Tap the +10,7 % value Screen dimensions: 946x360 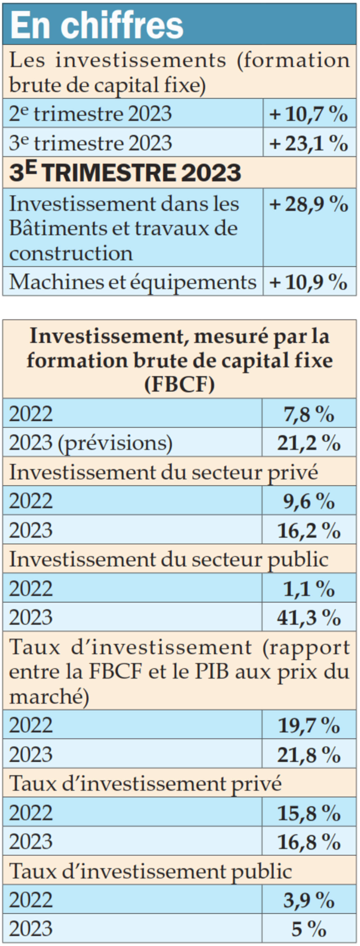coord(309,114)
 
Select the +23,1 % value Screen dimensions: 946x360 coord(309,143)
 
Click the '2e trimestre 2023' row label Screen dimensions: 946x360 coord(90,114)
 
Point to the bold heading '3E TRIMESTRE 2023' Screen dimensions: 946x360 coord(125,173)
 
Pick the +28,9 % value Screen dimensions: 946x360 coord(309,204)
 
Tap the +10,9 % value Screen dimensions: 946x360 coord(309,282)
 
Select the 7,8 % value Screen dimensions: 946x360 coord(309,414)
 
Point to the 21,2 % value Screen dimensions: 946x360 coord(309,443)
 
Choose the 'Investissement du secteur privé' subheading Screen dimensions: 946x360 coord(163,472)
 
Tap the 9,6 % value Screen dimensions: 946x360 coord(309,501)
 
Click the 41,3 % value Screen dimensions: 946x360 coord(309,618)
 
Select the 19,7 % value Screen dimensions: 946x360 coord(309,725)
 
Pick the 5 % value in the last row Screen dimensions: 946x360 coord(309,929)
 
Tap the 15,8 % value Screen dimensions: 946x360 coord(309,813)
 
